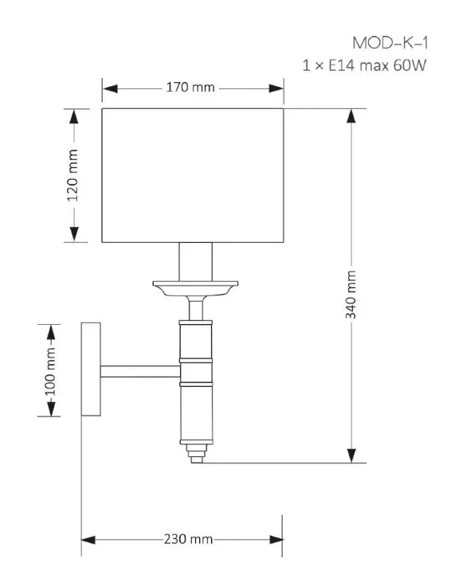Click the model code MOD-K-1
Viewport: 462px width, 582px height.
tap(390, 43)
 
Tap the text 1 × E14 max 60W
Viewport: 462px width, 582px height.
tap(364, 65)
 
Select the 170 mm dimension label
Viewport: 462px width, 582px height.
tap(190, 88)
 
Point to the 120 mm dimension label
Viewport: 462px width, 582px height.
tap(72, 175)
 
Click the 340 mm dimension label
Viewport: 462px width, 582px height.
tap(351, 295)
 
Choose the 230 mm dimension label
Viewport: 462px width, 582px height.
tap(188, 539)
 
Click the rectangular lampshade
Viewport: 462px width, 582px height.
tap(193, 175)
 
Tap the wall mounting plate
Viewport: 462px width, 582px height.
tap(91, 369)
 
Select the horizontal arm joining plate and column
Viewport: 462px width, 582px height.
tap(140, 372)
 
